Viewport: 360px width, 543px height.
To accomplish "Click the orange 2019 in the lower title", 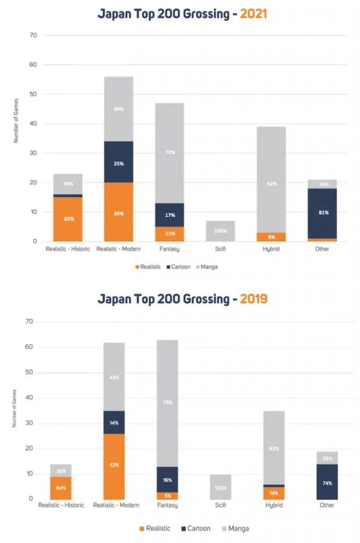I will click(253, 299).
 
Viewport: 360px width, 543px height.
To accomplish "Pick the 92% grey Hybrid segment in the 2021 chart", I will click(272, 183).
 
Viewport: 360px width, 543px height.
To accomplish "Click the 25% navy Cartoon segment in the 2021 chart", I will click(119, 163).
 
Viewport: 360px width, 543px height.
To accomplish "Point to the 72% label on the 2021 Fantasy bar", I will click(170, 153).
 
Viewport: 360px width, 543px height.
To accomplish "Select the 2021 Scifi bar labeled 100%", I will click(221, 231).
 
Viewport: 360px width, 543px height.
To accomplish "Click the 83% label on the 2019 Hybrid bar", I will click(274, 449).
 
